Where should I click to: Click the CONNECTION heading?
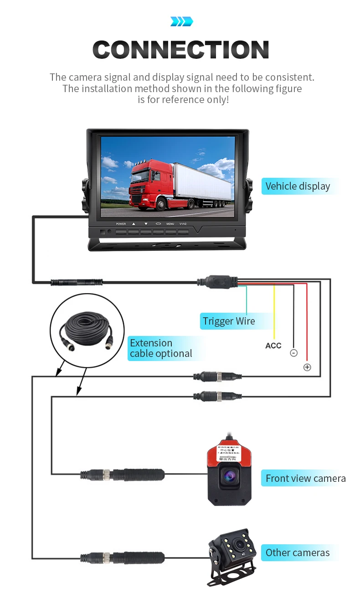[x=180, y=50]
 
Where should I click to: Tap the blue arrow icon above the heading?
[x=181, y=21]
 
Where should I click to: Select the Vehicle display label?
[x=298, y=186]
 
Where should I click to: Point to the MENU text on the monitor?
[x=170, y=224]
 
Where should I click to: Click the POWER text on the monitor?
[x=121, y=224]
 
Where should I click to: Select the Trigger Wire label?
[x=229, y=321]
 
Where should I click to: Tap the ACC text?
[x=273, y=346]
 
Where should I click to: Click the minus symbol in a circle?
[x=293, y=353]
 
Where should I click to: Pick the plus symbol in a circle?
[x=307, y=367]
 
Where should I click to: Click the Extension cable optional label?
[x=160, y=348]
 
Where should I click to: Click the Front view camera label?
[x=305, y=478]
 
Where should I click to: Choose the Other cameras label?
[x=297, y=552]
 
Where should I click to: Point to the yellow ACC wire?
[x=274, y=310]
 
